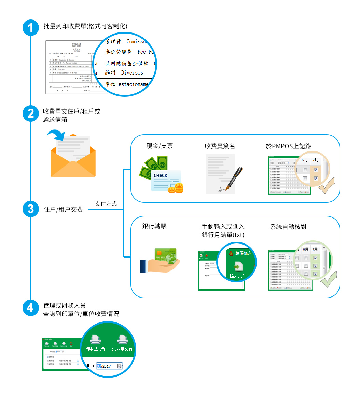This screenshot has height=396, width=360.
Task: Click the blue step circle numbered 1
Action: tap(31, 28)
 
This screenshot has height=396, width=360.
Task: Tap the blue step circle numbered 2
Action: tap(31, 114)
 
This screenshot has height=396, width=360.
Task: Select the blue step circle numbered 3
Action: tap(31, 209)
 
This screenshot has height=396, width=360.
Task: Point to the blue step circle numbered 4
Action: tap(31, 308)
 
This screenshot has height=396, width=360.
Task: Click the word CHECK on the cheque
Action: tap(161, 175)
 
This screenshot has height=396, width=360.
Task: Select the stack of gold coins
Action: tap(176, 187)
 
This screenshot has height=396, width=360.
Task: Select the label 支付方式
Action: tap(106, 203)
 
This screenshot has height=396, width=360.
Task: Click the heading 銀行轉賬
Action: tap(154, 226)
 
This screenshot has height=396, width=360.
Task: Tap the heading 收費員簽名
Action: tap(220, 146)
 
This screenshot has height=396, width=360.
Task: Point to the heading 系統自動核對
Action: tap(288, 227)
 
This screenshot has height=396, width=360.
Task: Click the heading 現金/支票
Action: tap(160, 146)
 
